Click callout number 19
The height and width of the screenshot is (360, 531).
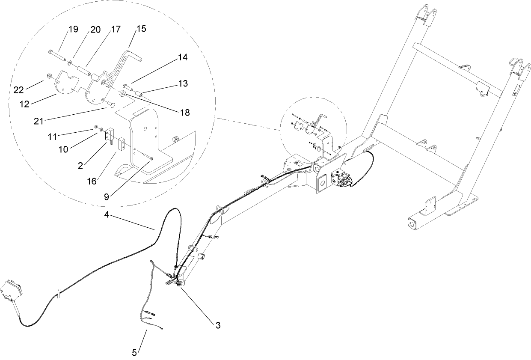click(73, 30)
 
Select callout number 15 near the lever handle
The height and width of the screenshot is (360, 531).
click(141, 29)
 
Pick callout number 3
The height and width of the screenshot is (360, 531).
click(218, 325)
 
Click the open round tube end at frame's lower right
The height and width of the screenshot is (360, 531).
click(412, 224)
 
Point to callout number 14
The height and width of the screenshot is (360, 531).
click(183, 57)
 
